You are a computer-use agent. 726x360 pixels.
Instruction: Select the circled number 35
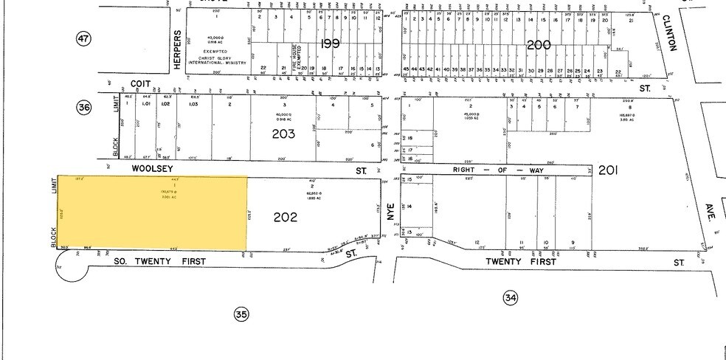point(241,314)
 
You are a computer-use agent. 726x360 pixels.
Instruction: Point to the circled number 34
point(510,297)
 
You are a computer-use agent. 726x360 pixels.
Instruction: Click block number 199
point(330,44)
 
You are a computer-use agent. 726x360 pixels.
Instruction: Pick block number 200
point(539,45)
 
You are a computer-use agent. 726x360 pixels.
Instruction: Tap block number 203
point(283,134)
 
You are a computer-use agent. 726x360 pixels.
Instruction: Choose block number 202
point(286,217)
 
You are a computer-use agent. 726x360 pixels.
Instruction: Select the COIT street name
point(140,85)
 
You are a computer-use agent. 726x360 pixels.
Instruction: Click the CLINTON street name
point(671,33)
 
